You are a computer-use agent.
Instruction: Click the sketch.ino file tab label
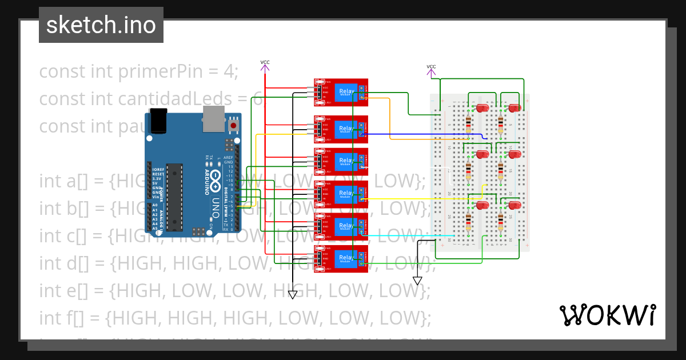click(x=101, y=25)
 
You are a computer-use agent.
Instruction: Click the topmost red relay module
click(x=341, y=92)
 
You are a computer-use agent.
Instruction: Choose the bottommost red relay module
click(x=341, y=259)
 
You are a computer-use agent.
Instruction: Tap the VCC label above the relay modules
click(x=265, y=62)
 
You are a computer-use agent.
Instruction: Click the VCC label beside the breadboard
click(x=431, y=67)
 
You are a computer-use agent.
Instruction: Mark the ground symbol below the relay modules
click(x=293, y=294)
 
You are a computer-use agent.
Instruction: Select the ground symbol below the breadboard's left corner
click(x=417, y=281)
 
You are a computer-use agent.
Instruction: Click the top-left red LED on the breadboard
click(x=482, y=108)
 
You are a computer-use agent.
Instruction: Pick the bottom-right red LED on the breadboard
click(x=514, y=205)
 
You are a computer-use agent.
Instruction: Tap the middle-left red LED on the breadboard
click(x=482, y=154)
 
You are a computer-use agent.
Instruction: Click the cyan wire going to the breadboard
click(x=412, y=235)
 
